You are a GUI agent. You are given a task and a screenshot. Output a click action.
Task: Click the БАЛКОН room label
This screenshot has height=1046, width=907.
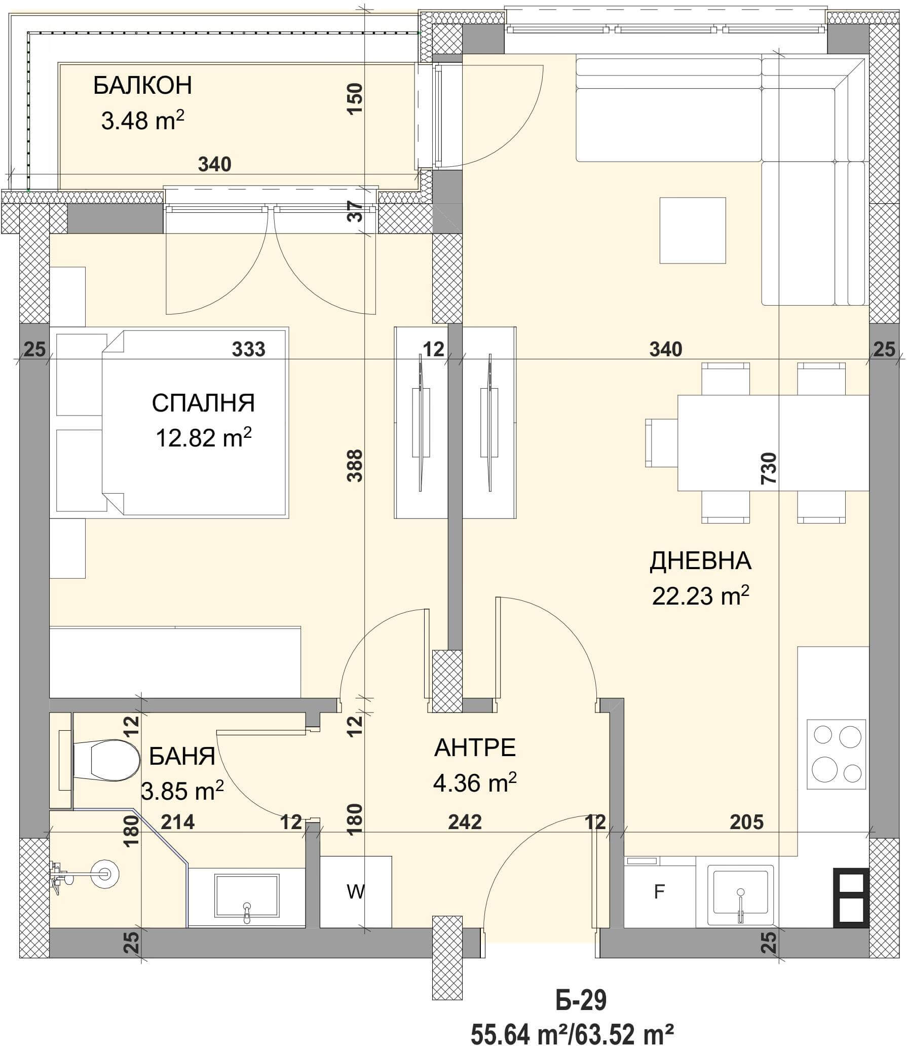[143, 86]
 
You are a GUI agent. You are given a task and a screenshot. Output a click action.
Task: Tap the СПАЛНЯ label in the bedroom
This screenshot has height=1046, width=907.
[203, 403]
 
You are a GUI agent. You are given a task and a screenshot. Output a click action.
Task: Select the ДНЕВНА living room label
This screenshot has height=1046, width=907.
[700, 562]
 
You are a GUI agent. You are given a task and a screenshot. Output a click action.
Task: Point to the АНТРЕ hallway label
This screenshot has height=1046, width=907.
[475, 748]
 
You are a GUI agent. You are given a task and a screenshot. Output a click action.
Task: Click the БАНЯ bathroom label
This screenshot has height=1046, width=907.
[182, 757]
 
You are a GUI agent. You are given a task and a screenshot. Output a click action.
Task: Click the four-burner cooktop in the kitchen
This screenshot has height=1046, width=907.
[836, 754]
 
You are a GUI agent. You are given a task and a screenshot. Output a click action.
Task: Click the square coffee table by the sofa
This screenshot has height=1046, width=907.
[693, 231]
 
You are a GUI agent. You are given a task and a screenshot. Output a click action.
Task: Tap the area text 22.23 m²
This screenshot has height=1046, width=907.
[700, 596]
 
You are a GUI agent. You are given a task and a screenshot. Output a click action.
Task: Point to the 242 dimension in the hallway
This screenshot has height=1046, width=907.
[465, 822]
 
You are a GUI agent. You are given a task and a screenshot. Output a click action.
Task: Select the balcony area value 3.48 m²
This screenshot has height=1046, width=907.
[142, 121]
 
